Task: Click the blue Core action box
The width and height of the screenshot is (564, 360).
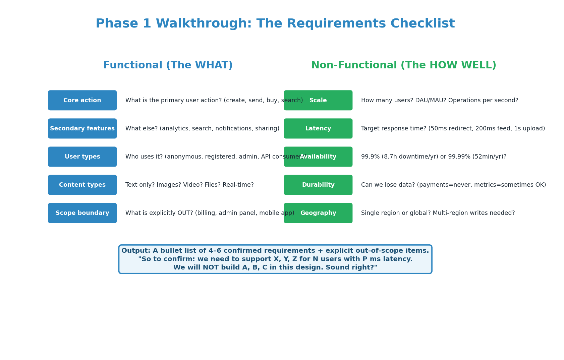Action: coord(82,100)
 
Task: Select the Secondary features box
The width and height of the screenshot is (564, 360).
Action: coord(82,128)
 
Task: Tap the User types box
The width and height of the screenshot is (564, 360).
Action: coord(82,157)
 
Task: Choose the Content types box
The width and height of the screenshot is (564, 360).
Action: coord(82,185)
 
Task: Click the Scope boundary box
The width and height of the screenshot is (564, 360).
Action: coord(82,213)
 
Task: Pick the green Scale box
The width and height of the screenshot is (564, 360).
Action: coord(318,100)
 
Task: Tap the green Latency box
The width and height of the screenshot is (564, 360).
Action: coord(318,128)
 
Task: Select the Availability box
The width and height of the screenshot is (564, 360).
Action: coord(318,157)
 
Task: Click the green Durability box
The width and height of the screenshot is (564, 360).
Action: coord(318,185)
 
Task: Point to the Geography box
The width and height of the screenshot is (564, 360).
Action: coord(318,213)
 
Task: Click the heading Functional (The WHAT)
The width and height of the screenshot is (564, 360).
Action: coord(168,65)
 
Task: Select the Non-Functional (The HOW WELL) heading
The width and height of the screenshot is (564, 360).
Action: coord(403,65)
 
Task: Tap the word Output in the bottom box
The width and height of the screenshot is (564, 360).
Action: coord(135,251)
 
